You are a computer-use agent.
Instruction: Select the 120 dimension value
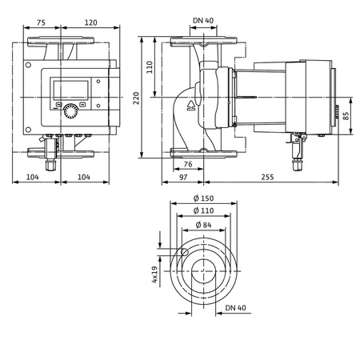pyautogui.click(x=90, y=22)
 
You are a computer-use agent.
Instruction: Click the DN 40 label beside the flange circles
pyautogui.click(x=235, y=307)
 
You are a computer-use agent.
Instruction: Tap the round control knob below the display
pyautogui.click(x=73, y=111)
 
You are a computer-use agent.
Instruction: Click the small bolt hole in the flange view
pyautogui.click(x=183, y=254)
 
